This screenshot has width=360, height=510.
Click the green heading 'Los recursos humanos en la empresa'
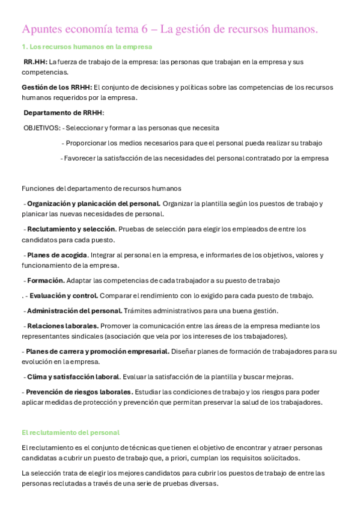click(x=91, y=46)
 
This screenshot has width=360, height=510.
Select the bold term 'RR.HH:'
click(x=35, y=62)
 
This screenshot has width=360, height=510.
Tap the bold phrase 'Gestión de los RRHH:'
click(x=57, y=87)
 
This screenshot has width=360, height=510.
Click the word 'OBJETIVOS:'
click(x=41, y=127)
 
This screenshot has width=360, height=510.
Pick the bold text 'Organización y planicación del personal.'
click(x=93, y=203)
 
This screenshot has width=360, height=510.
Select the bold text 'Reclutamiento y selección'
click(x=71, y=229)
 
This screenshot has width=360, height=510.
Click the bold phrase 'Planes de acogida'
click(x=58, y=254)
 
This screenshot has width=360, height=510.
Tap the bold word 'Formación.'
click(x=46, y=280)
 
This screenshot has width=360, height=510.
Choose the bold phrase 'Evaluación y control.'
click(x=64, y=295)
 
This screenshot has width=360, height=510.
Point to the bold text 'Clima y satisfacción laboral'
click(x=73, y=376)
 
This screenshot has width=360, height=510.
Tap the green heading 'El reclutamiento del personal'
click(x=70, y=432)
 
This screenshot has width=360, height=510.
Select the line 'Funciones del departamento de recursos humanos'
click(x=101, y=188)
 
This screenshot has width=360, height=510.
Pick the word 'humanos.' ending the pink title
click(x=294, y=29)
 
